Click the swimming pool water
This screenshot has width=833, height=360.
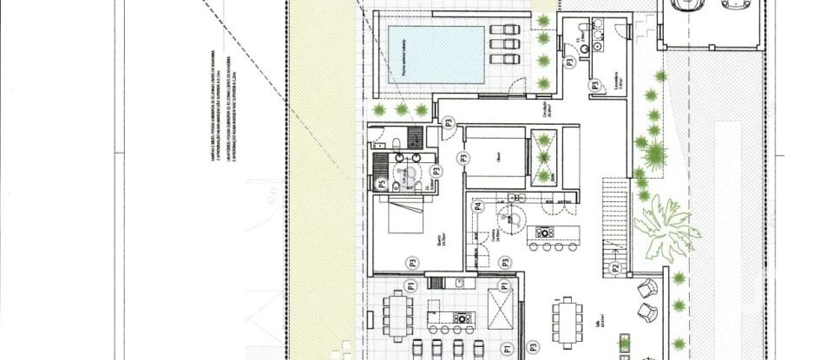point(435,54)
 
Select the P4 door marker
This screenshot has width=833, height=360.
point(478,206)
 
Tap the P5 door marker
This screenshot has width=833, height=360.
point(382,183)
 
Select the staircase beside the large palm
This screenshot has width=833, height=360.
point(615,218)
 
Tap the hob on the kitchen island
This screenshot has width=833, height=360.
point(545,232)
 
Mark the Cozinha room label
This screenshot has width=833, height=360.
point(495,234)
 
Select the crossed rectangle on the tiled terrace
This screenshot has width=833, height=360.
point(501,307)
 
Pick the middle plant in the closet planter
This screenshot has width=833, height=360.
point(544,158)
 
